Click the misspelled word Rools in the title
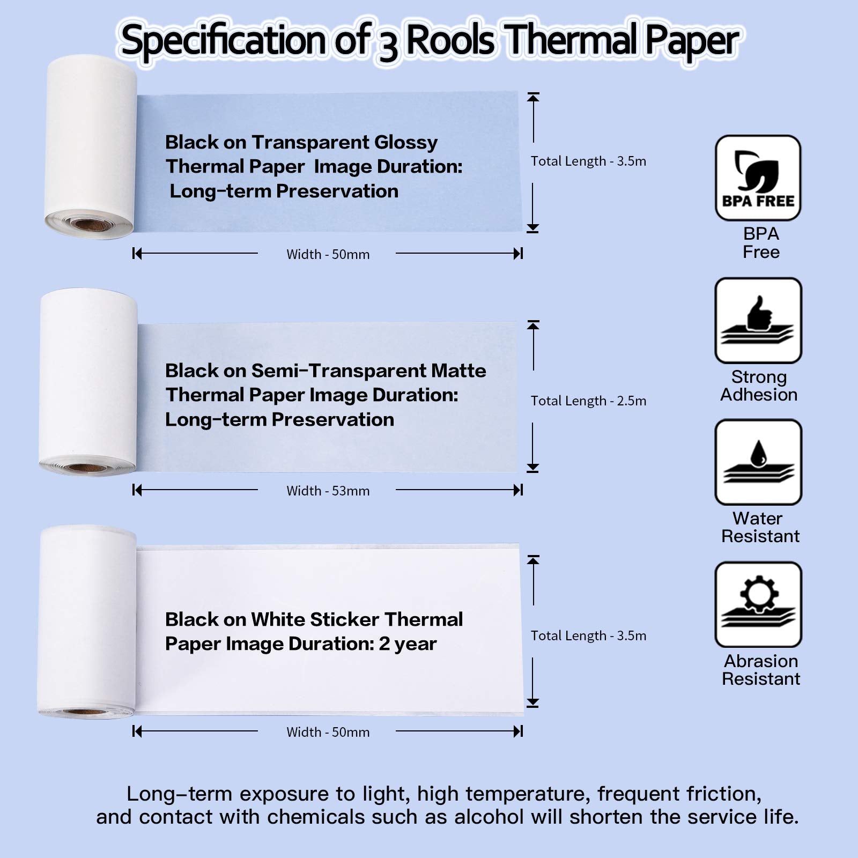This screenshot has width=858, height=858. pos(449,41)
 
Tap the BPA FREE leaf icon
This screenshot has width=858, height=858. pos(758,177)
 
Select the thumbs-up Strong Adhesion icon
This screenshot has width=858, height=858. pos(758,320)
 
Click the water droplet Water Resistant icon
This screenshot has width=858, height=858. pos(758,462)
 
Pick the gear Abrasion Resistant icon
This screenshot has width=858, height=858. pos(758,604)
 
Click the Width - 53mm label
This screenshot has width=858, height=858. pos(328,491)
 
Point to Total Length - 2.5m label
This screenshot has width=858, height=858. pos(588,401)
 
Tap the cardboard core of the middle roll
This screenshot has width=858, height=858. pos(86,468)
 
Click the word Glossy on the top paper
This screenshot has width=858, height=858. pos(406,142)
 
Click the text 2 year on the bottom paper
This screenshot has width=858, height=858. pos(408,643)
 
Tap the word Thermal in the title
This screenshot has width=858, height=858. pos(572,41)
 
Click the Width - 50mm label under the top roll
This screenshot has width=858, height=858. pos(328,254)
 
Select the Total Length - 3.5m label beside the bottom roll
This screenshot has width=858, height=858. pos(588,635)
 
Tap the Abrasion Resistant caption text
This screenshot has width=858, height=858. pos(760,670)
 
